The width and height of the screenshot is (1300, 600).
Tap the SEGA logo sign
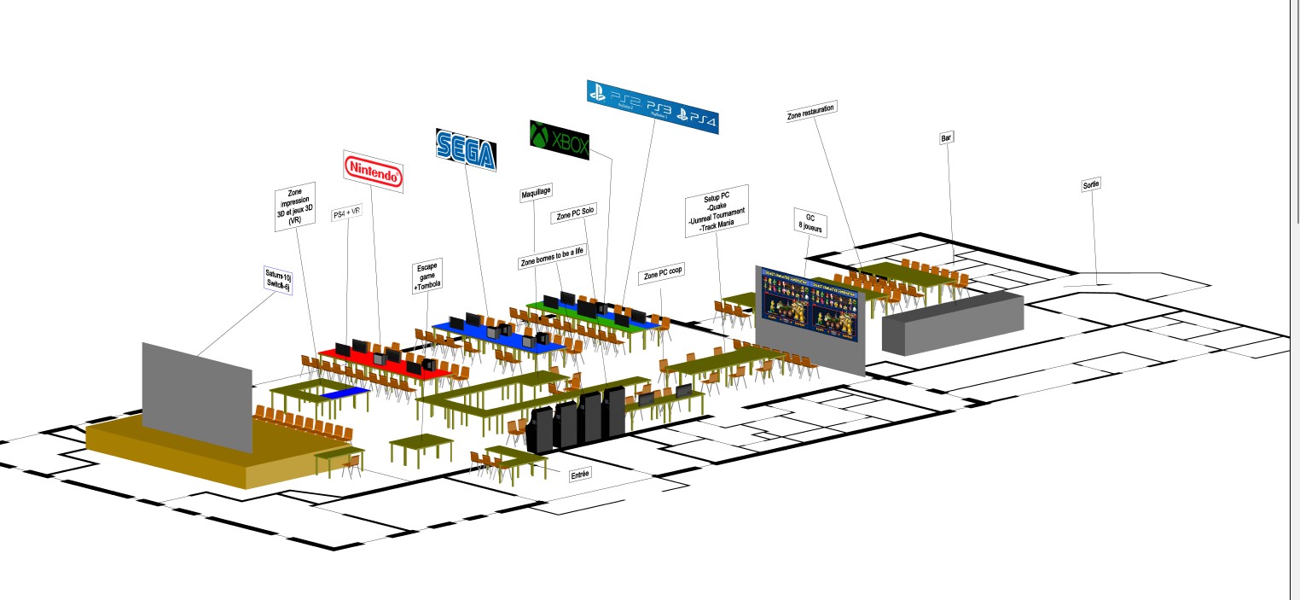tap(466, 150)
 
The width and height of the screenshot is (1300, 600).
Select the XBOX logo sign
tap(560, 139)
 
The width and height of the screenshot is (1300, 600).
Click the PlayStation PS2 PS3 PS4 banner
tap(653, 106)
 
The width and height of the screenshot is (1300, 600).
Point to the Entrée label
tap(580, 474)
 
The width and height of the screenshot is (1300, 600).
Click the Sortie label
tap(1091, 184)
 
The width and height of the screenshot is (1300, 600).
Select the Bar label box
tap(945, 137)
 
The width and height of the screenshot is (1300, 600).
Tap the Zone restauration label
tap(810, 111)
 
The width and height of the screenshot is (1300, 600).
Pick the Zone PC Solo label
tap(576, 216)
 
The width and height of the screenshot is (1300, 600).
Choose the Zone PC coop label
tap(664, 275)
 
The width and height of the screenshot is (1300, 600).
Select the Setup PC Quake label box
tap(717, 211)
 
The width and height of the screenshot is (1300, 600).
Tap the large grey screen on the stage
tap(197, 397)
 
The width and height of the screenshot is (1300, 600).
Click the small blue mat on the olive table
tap(345, 393)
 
